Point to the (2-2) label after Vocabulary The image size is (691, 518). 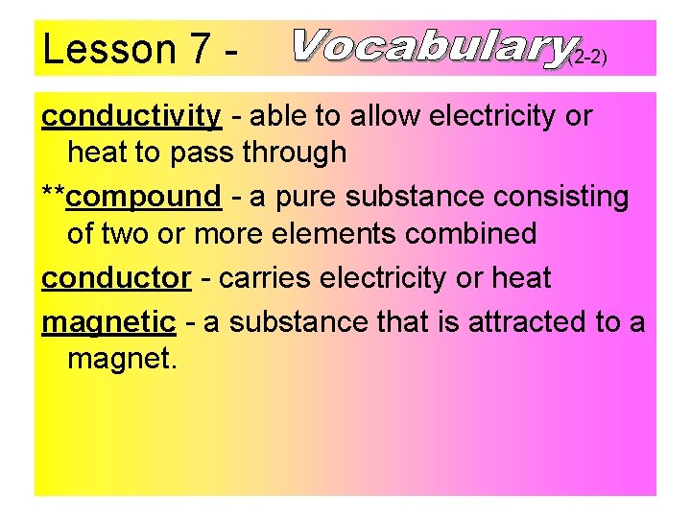click(588, 58)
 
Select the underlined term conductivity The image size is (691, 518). click(131, 116)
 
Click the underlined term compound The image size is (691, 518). click(145, 197)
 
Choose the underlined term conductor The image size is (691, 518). click(116, 278)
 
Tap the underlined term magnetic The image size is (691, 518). click(108, 321)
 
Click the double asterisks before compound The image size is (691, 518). click(54, 195)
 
